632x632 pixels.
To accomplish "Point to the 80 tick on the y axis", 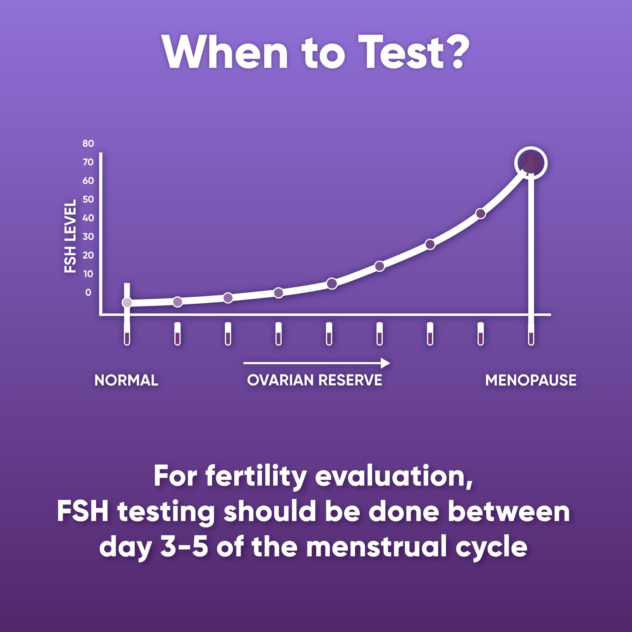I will [x=88, y=143].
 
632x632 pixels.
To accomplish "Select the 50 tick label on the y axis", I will [x=88, y=199].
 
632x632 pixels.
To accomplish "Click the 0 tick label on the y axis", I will [x=88, y=292].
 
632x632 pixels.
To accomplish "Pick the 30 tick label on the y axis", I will [x=88, y=236].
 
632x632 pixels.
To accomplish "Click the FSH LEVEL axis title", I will [x=70, y=236].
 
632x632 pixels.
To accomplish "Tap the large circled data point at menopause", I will [x=531, y=163].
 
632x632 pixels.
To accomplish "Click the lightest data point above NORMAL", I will [x=127, y=303].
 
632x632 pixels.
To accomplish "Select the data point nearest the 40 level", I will [x=480, y=214].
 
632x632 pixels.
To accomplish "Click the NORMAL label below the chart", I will [x=126, y=380].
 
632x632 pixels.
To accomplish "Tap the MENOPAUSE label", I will [x=531, y=380].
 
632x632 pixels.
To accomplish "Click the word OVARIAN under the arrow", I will [x=281, y=380].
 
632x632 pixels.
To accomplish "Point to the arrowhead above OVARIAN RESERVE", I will [x=386, y=363].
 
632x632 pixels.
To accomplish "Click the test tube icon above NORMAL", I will [x=127, y=334].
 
